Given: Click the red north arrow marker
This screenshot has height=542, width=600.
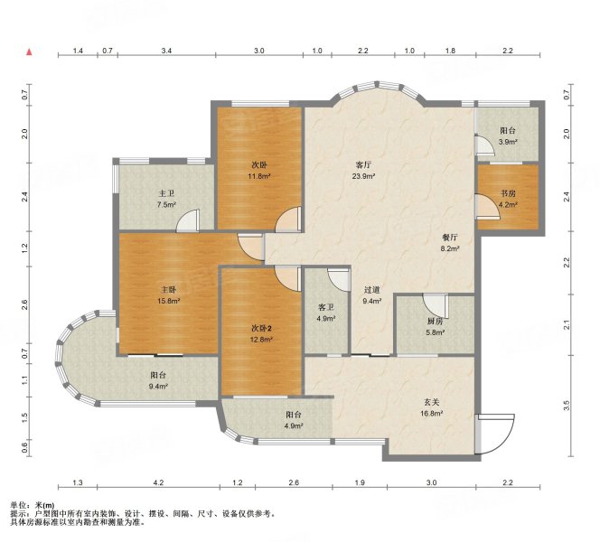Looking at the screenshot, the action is click(x=29, y=52).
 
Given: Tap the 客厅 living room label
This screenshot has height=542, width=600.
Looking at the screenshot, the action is click(x=363, y=165).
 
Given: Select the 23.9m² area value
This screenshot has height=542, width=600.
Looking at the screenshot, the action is click(x=363, y=176).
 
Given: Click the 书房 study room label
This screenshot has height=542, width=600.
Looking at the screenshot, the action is click(x=508, y=193).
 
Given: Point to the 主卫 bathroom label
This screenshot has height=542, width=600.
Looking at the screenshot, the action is click(x=165, y=193).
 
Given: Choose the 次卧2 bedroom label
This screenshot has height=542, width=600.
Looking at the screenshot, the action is click(x=262, y=328).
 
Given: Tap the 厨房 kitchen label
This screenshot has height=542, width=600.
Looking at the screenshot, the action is click(x=435, y=322).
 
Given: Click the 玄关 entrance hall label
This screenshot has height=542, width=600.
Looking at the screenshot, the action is click(x=431, y=402).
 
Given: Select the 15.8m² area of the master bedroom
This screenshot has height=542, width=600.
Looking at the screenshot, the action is click(x=169, y=301).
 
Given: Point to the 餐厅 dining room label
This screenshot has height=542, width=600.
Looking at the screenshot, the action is click(x=450, y=238).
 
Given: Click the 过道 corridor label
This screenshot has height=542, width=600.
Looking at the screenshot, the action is click(x=371, y=290).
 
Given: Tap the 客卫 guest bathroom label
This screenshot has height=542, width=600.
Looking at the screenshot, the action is click(x=326, y=307).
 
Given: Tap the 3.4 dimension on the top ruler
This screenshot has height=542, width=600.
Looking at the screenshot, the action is click(x=166, y=51).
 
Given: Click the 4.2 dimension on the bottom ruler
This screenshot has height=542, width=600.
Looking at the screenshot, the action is click(x=158, y=482).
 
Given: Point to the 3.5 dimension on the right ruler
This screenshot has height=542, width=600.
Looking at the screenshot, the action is click(x=567, y=406).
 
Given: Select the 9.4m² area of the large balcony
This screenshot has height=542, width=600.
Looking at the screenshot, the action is click(x=158, y=387).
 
